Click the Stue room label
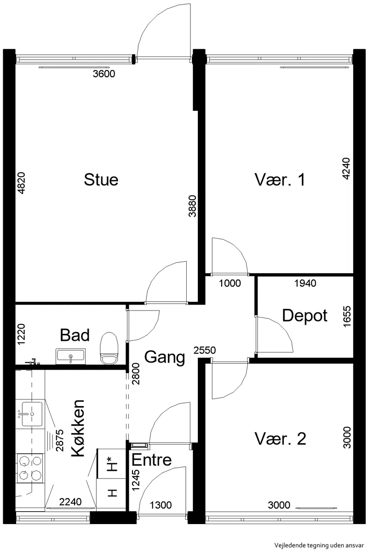click(x=101, y=180)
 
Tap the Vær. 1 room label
click(x=280, y=180)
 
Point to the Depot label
click(x=305, y=316)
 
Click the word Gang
click(x=165, y=358)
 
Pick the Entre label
click(x=151, y=460)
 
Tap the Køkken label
click(x=78, y=429)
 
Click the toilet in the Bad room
click(x=109, y=348)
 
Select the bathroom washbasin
click(x=70, y=356)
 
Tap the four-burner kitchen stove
click(x=30, y=468)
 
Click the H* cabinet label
click(x=112, y=464)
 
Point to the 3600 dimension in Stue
click(x=104, y=74)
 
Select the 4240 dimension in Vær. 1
click(x=346, y=169)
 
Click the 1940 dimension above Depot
click(x=305, y=283)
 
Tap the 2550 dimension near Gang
click(x=205, y=350)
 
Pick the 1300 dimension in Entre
click(x=161, y=505)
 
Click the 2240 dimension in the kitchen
click(x=70, y=502)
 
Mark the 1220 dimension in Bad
click(x=21, y=334)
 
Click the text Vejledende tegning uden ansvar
click(x=319, y=545)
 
